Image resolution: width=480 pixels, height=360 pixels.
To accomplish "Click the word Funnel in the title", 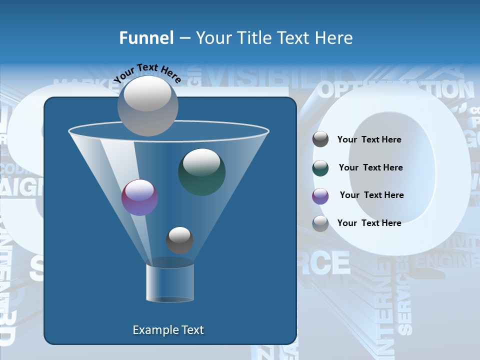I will (x=146, y=38).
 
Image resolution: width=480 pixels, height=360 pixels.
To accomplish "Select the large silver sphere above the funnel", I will (x=147, y=105).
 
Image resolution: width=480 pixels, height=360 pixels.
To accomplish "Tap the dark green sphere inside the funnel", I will (x=201, y=171).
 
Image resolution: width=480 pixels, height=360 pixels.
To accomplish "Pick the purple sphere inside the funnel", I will (x=139, y=197).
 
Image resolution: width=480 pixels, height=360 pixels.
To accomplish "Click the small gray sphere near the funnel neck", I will (x=179, y=240).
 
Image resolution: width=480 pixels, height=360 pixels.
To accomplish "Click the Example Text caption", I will (x=168, y=330).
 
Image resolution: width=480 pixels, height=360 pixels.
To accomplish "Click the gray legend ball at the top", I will (x=320, y=139).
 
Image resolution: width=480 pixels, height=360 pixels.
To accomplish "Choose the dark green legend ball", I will (x=320, y=168).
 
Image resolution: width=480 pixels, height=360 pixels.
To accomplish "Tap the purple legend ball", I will (x=320, y=196).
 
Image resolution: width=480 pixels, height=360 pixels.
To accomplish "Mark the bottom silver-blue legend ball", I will (x=320, y=223).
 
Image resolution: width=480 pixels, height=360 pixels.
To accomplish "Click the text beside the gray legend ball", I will (x=369, y=139).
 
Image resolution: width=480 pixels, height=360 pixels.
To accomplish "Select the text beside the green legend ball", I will (x=370, y=167).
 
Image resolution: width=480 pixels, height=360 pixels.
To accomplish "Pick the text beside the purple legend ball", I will (x=371, y=195).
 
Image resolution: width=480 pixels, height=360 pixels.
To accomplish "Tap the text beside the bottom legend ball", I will (x=369, y=223).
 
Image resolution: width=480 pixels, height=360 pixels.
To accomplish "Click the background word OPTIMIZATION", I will (x=395, y=90).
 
